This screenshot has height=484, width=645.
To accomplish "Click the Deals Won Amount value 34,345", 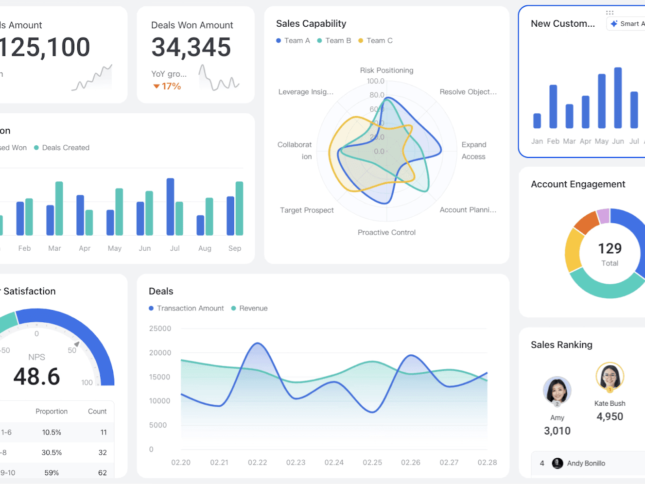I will tap(191, 47).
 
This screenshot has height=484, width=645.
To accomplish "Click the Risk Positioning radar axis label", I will tap(386, 70).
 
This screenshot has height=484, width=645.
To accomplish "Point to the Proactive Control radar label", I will tap(386, 232).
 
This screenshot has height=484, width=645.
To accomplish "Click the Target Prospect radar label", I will tap(307, 210).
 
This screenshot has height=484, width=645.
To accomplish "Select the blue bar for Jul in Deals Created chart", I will tap(170, 207).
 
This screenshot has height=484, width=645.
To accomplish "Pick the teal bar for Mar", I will tap(59, 208).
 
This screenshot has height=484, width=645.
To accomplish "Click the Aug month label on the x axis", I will tap(205, 248).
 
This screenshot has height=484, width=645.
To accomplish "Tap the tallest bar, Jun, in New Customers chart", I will tap(618, 98).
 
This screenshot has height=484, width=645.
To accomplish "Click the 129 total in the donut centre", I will tap(610, 248).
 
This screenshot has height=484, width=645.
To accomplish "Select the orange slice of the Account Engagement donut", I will tap(586, 221).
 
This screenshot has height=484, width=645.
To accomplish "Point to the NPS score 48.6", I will tap(37, 377).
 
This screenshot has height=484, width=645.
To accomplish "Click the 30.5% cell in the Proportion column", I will tap(52, 452).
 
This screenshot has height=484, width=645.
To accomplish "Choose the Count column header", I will tap(97, 411).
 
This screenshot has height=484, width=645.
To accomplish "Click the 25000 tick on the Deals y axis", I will tap(160, 328).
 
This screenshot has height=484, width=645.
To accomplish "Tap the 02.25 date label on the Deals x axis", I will tap(372, 462).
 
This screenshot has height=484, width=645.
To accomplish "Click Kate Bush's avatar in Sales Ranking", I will tap(610, 376).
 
